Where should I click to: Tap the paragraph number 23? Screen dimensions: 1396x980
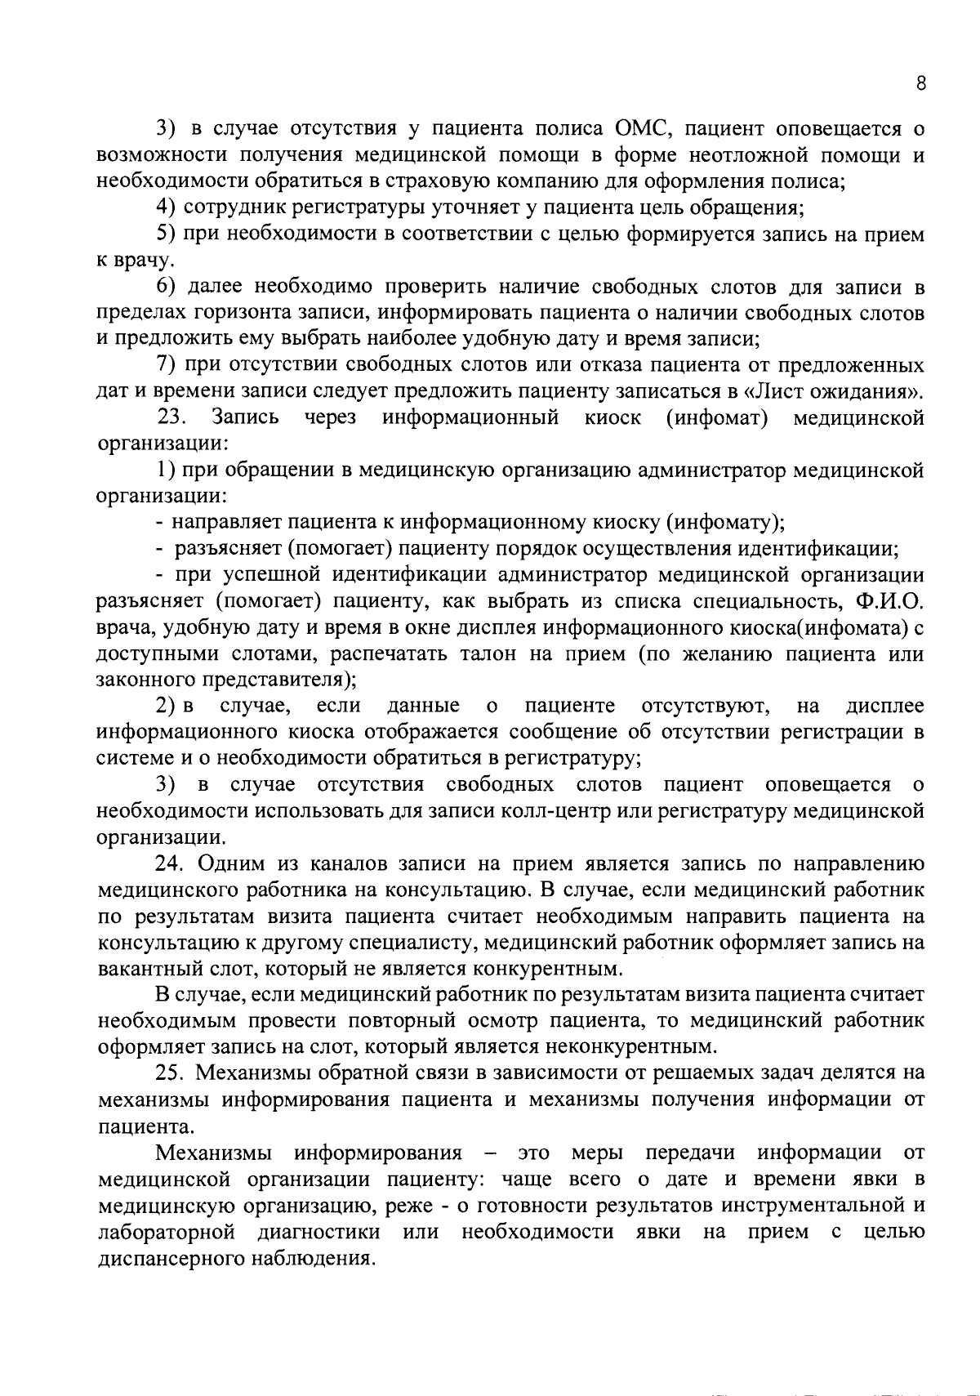[x=173, y=418]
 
